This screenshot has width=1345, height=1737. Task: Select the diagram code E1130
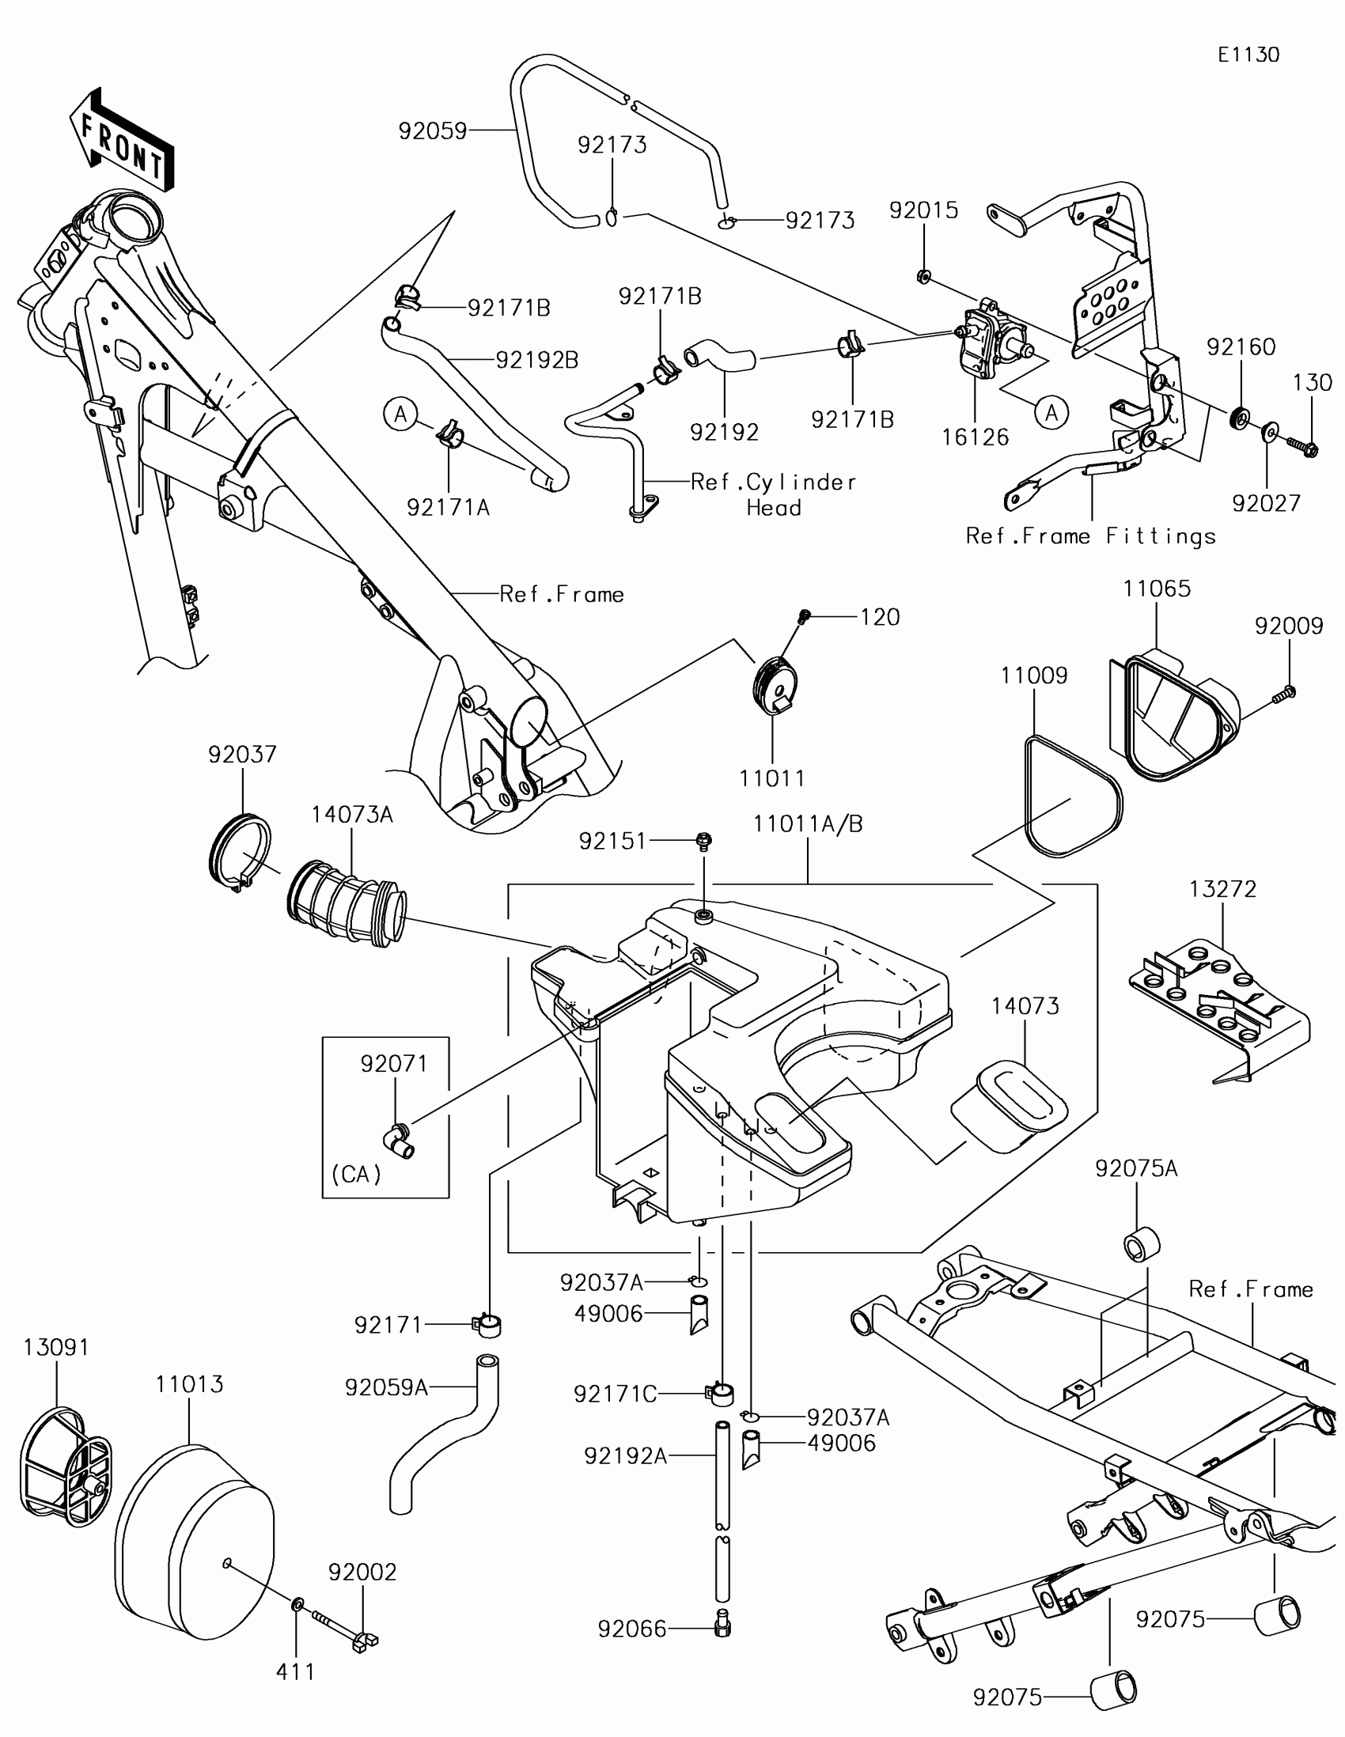pyautogui.click(x=1248, y=55)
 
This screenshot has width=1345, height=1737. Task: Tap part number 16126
pyautogui.click(x=976, y=437)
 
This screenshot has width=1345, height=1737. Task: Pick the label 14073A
pyautogui.click(x=351, y=815)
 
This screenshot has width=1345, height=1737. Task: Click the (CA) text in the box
pyautogui.click(x=356, y=1174)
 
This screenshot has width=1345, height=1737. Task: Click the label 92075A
pyautogui.click(x=1136, y=1168)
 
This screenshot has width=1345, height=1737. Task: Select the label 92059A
pyautogui.click(x=387, y=1387)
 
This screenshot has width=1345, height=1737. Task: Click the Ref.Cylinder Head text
pyautogui.click(x=773, y=494)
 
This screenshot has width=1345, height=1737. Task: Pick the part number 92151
pyautogui.click(x=612, y=841)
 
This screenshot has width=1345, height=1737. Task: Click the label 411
pyautogui.click(x=295, y=1672)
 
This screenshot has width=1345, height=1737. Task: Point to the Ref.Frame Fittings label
pyautogui.click(x=1090, y=536)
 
